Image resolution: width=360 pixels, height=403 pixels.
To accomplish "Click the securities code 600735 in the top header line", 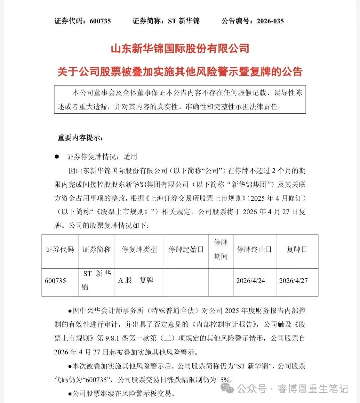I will pyautogui.click(x=100, y=21).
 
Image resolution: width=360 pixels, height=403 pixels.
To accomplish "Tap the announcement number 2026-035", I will pyautogui.click(x=270, y=21).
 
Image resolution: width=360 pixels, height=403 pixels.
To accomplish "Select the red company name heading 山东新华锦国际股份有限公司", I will pyautogui.click(x=180, y=49).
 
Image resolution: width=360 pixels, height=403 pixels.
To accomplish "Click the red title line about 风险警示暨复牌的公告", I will pyautogui.click(x=180, y=72).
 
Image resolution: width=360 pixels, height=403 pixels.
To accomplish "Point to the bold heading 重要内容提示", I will pyautogui.click(x=80, y=138).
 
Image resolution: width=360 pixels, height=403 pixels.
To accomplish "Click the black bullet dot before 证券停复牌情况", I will pyautogui.click(x=57, y=156).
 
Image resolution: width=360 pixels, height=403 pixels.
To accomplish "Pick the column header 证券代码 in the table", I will pyautogui.click(x=60, y=249).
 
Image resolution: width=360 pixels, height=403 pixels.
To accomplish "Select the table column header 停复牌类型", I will pyautogui.click(x=139, y=249).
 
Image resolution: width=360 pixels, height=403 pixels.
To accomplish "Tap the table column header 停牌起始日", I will pyautogui.click(x=186, y=249).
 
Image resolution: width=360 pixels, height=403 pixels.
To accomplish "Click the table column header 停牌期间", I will pyautogui.click(x=221, y=249).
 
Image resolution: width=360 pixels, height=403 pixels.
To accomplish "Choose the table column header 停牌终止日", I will pyautogui.click(x=254, y=249).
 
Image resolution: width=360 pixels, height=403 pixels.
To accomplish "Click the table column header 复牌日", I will pyautogui.click(x=297, y=249).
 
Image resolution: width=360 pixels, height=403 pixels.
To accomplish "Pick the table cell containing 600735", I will pyautogui.click(x=55, y=281).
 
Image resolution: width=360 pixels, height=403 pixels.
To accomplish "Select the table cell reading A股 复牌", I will pyautogui.click(x=136, y=280).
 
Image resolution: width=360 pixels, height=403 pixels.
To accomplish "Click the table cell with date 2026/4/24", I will pyautogui.click(x=251, y=281).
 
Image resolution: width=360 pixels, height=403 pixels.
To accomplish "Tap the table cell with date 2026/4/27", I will pyautogui.click(x=293, y=281).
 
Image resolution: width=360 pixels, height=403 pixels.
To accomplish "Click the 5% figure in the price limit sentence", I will pyautogui.click(x=225, y=380).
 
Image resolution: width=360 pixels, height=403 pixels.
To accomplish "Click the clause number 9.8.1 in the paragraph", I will pyautogui.click(x=113, y=338).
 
